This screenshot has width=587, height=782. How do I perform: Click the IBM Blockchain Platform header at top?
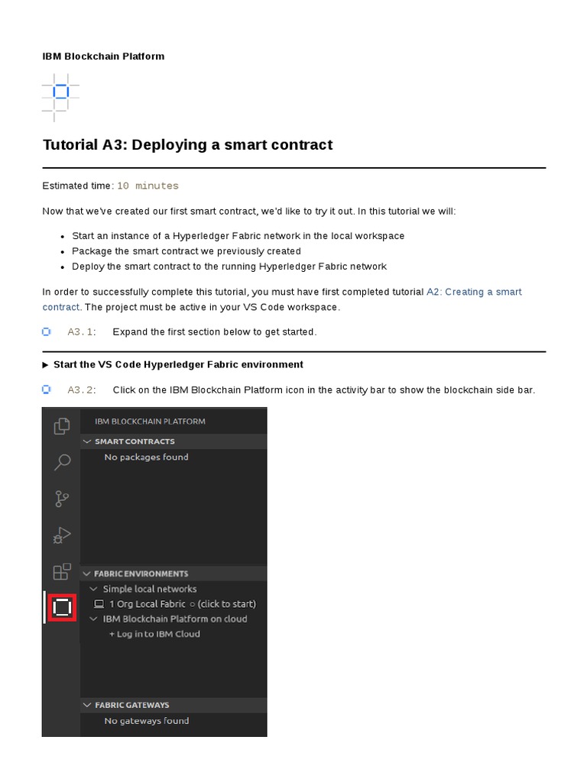[x=103, y=57]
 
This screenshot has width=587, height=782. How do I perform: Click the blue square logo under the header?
[x=61, y=92]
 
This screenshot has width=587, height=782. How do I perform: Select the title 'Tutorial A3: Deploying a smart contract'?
[x=187, y=145]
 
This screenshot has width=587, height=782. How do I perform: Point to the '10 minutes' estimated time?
[x=148, y=186]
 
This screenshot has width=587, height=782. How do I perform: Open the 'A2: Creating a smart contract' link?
[x=474, y=292]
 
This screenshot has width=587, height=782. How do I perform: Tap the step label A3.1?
[x=80, y=331]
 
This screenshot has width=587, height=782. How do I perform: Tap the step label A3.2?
[x=80, y=390]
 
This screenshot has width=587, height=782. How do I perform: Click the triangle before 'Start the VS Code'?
[x=46, y=365]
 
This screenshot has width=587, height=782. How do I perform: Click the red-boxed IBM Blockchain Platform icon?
[x=62, y=607]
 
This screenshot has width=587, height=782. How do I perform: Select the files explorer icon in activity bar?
[x=62, y=426]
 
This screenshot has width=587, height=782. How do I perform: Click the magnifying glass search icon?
[x=62, y=462]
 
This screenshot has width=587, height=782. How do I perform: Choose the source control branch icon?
[x=62, y=499]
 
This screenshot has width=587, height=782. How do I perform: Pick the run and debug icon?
[x=62, y=535]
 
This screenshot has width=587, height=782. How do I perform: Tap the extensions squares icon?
[x=62, y=571]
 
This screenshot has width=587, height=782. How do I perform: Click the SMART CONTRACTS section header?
[x=135, y=441]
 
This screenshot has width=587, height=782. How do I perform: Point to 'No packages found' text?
[x=146, y=457]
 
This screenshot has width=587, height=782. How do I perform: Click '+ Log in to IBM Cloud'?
[x=154, y=634]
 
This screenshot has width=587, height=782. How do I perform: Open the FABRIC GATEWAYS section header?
[x=131, y=705]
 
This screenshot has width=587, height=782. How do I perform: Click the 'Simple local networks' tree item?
[x=149, y=589]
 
